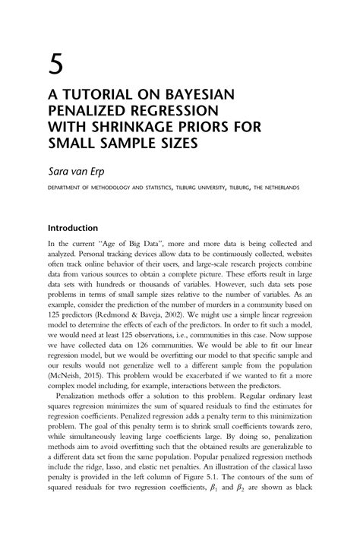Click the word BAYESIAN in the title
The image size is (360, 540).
[x=196, y=94]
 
